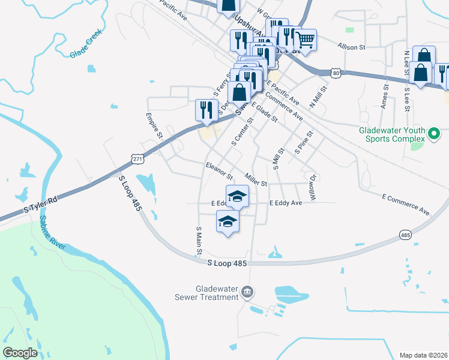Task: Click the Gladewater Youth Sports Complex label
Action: click(394, 134)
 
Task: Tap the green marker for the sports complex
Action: click(436, 134)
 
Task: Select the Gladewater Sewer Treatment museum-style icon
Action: click(247, 292)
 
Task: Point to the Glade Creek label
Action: click(85, 46)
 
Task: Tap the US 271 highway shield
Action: click(139, 158)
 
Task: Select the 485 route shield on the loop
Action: click(405, 236)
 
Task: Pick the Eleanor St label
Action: click(218, 171)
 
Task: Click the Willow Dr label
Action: click(312, 187)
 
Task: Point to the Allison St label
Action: click(351, 47)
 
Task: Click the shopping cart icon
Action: click(305, 40)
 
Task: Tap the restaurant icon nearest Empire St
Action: click(205, 110)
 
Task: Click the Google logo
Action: click(20, 353)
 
